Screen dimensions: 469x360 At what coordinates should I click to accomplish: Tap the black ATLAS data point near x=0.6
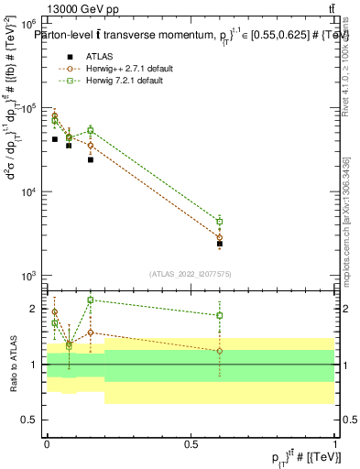(x=220, y=244)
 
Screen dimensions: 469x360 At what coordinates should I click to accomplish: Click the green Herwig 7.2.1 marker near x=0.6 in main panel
(x=220, y=221)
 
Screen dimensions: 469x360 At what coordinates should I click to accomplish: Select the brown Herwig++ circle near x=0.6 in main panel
(x=220, y=237)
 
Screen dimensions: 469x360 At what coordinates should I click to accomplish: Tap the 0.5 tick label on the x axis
(x=191, y=442)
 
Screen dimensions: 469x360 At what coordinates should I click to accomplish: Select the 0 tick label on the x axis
(x=47, y=442)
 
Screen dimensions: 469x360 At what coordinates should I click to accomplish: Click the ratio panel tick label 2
(x=36, y=309)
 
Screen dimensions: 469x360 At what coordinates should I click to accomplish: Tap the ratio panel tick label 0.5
(x=32, y=420)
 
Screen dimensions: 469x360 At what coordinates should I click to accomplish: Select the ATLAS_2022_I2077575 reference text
(x=190, y=274)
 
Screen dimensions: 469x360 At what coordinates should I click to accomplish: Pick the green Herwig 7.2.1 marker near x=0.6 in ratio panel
(x=220, y=315)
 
